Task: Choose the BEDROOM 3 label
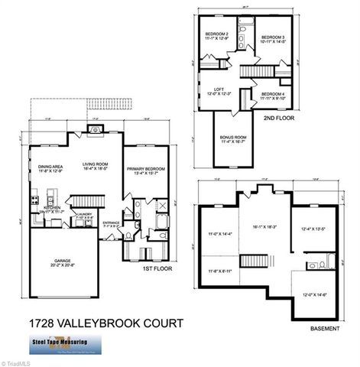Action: point(273,37)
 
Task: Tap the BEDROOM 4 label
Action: point(272,93)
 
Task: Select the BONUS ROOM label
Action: point(232,138)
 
